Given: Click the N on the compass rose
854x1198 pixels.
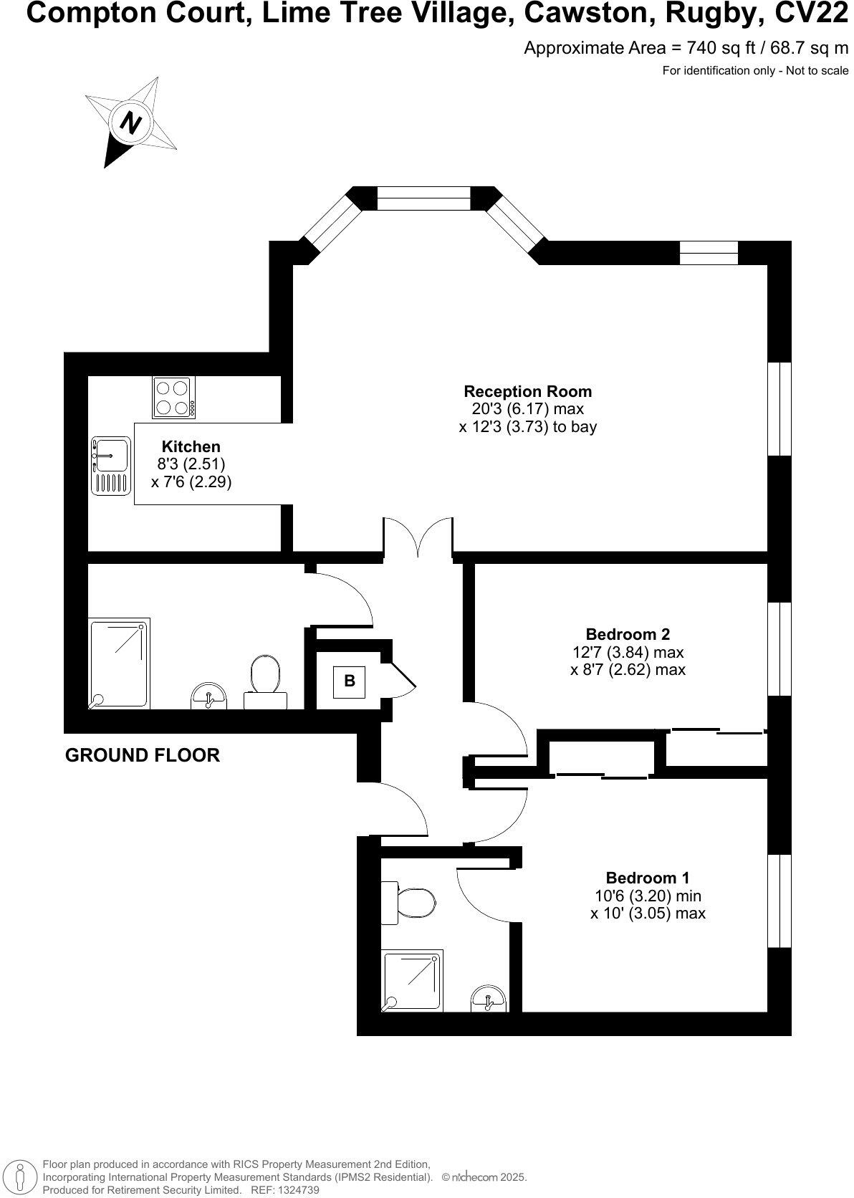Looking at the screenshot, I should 130,123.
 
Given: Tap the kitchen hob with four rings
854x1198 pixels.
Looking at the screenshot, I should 173,397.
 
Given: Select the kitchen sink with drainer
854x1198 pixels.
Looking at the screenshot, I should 111,465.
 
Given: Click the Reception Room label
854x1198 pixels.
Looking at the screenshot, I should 527,391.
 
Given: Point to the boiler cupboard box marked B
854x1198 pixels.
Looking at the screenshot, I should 350,681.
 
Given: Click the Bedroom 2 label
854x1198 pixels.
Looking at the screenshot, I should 627,634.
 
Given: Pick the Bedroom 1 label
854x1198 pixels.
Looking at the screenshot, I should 647,878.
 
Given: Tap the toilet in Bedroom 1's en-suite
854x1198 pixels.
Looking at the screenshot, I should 413,903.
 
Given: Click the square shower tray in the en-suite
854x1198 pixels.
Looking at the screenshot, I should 413,980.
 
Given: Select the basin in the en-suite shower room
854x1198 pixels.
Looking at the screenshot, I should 489,999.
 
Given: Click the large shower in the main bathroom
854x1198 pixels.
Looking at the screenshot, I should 120,663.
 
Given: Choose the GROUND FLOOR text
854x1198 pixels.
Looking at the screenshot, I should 142,755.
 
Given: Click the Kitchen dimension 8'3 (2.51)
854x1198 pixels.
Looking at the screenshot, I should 191,464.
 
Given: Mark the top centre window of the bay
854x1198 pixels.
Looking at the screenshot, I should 423,199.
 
